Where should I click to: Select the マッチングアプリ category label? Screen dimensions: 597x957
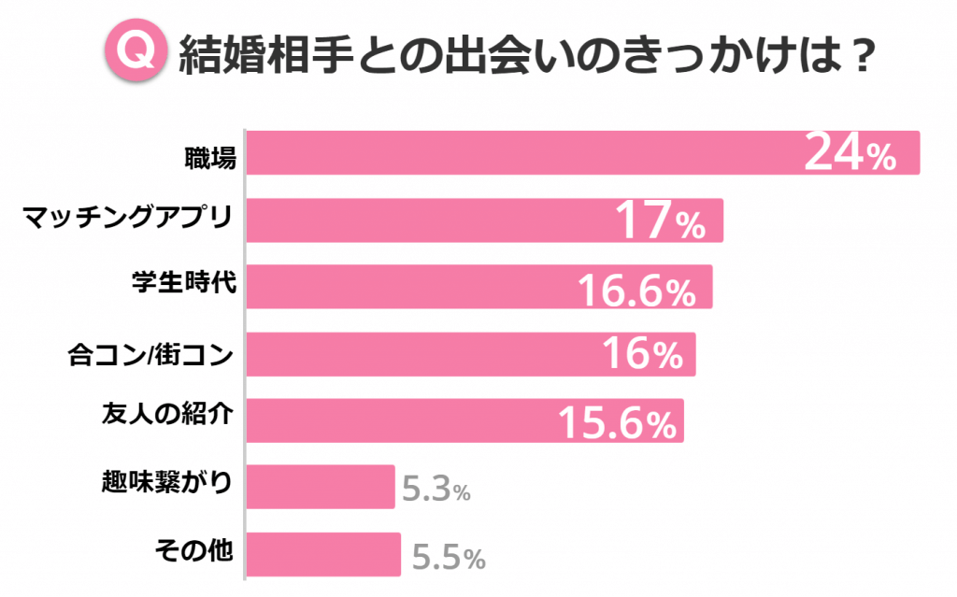pyautogui.click(x=127, y=220)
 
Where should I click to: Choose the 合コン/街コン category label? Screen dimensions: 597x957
pyautogui.click(x=150, y=355)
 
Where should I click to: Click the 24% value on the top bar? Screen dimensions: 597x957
pyautogui.click(x=850, y=154)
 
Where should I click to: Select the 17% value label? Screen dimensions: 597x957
pyautogui.click(x=660, y=221)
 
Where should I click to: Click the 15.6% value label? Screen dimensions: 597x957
pyautogui.click(x=617, y=422)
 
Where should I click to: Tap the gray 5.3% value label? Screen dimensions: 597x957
pyautogui.click(x=436, y=489)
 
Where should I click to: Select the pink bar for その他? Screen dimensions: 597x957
pyautogui.click(x=323, y=555)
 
